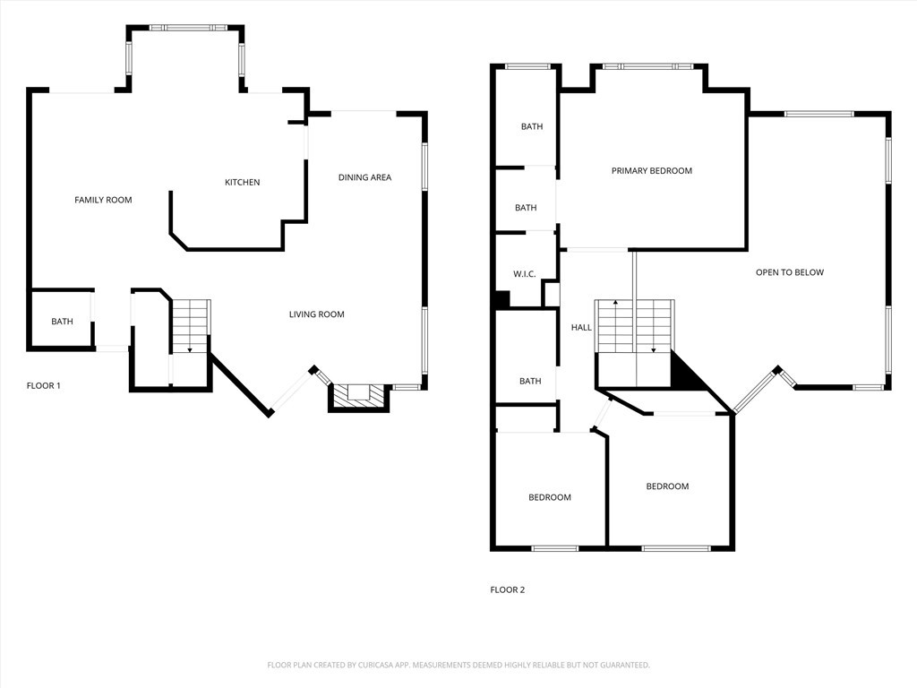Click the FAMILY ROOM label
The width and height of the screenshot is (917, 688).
103,200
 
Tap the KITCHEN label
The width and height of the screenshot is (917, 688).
242,183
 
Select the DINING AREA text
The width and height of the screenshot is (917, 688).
364,177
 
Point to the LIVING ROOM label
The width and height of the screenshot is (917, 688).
316,314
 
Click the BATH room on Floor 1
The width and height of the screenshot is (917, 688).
62,321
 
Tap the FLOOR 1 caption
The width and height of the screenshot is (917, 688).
44,385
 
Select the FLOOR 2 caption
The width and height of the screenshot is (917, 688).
508,589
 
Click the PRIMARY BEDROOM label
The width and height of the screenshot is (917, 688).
651,171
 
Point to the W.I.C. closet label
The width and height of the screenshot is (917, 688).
524,274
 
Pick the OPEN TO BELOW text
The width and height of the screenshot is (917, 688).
789,272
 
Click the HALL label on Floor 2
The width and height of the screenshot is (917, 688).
581,328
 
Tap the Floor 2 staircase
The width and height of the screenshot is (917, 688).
635,326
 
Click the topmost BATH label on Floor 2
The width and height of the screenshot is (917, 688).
532,127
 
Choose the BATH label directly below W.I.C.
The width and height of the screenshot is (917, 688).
530,382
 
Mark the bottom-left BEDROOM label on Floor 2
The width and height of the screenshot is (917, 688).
549,498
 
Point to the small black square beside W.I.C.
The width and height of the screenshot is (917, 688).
501,301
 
